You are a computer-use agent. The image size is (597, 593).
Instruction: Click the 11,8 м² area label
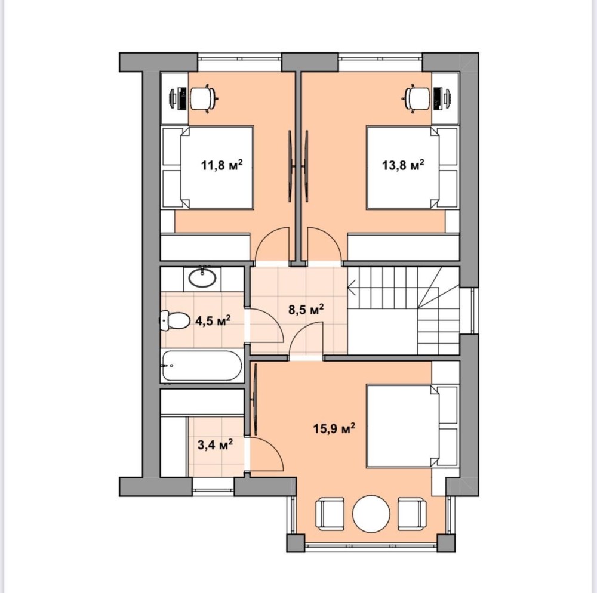221,165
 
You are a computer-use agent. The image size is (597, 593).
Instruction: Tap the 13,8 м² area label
403,165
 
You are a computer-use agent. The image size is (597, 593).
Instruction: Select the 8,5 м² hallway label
306,309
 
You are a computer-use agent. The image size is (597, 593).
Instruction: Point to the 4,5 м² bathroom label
213,320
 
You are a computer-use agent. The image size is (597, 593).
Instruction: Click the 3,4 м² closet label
215,444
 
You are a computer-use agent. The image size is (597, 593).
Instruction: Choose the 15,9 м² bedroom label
334,428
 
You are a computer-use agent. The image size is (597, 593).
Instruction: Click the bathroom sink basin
202,278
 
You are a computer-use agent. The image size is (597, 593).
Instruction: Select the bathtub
202,366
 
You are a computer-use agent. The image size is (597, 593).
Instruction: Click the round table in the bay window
371,514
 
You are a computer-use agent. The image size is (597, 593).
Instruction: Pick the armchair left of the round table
330,514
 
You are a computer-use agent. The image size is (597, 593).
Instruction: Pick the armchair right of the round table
412,514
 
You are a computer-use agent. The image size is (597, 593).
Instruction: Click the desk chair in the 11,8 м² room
204,98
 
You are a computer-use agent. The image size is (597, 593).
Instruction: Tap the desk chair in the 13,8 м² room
417,98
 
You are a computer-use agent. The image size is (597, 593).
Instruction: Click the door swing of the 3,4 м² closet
266,453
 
